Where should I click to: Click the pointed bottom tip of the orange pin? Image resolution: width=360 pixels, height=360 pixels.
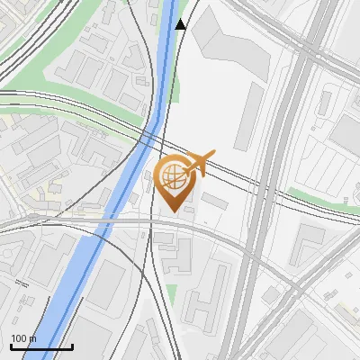tap(175, 211)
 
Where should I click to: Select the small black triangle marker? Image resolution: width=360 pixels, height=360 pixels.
tap(181, 24)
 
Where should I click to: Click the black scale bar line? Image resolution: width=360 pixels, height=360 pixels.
tap(41, 346)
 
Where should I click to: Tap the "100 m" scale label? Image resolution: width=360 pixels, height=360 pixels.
tap(24, 338)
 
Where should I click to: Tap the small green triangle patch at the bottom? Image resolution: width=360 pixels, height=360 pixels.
tap(171, 293)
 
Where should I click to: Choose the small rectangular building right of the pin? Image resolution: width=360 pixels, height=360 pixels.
tap(213, 199)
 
